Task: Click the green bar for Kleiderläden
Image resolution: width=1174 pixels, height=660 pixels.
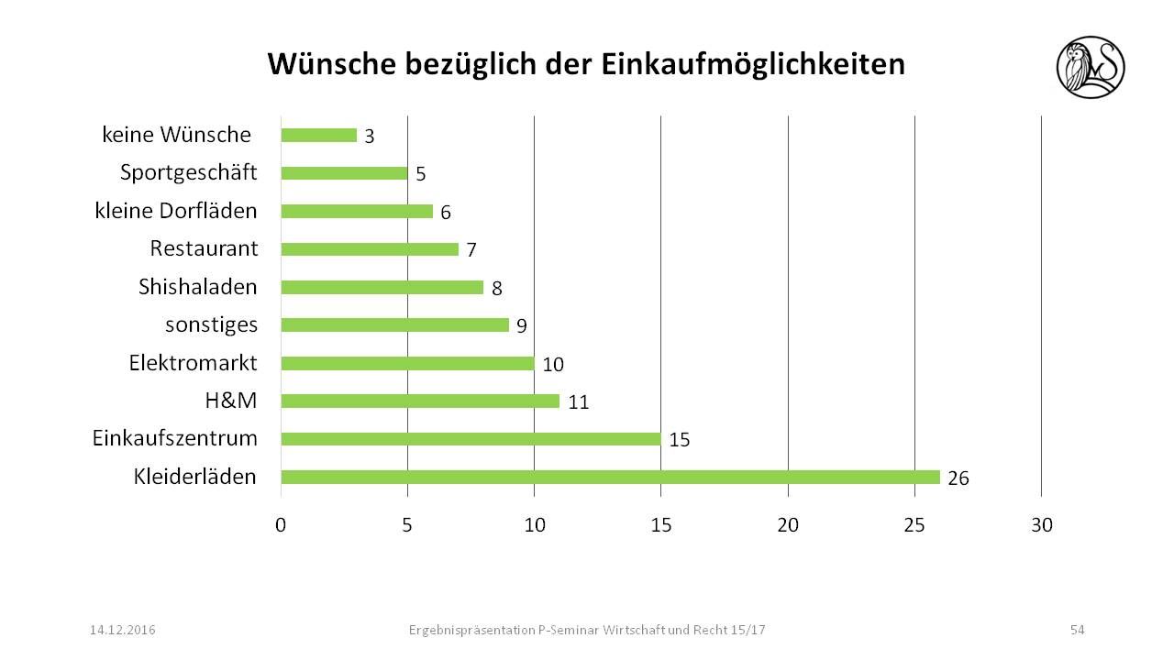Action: pyautogui.click(x=610, y=477)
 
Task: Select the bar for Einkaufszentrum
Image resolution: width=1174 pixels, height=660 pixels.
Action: pyautogui.click(x=471, y=439)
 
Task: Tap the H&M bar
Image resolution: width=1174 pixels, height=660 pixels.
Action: pyautogui.click(x=420, y=401)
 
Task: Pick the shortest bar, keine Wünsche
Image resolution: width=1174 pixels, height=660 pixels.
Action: pyautogui.click(x=318, y=136)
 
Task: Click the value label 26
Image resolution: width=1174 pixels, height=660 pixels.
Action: pyautogui.click(x=958, y=478)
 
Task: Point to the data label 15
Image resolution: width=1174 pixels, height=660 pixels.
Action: pyautogui.click(x=680, y=441)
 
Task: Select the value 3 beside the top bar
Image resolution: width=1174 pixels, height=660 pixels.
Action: pyautogui.click(x=370, y=137)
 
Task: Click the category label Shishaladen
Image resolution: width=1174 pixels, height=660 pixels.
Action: pyautogui.click(x=198, y=287)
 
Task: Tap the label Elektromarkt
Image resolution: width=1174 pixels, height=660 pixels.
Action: pyautogui.click(x=193, y=363)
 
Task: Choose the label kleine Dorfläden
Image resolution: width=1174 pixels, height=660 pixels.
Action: pyautogui.click(x=176, y=211)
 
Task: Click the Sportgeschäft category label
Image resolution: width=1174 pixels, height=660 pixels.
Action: pyautogui.click(x=189, y=172)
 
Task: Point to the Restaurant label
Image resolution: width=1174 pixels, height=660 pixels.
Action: pyautogui.click(x=204, y=248)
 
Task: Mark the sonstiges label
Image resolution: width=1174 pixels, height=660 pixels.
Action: pyautogui.click(x=212, y=324)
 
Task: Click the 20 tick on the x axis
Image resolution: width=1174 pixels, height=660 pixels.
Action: pyautogui.click(x=788, y=526)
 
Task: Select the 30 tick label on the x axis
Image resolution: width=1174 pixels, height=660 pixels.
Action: pyautogui.click(x=1042, y=526)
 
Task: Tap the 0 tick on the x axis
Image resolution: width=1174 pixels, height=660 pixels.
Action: pyautogui.click(x=281, y=526)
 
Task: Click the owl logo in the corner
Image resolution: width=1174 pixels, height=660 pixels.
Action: pyautogui.click(x=1091, y=67)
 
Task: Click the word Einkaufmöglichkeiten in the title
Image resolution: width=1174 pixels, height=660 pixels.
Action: pyautogui.click(x=752, y=64)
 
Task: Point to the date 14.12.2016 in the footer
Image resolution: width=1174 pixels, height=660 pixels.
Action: pyautogui.click(x=122, y=630)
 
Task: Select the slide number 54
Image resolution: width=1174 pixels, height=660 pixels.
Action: pyautogui.click(x=1077, y=630)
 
